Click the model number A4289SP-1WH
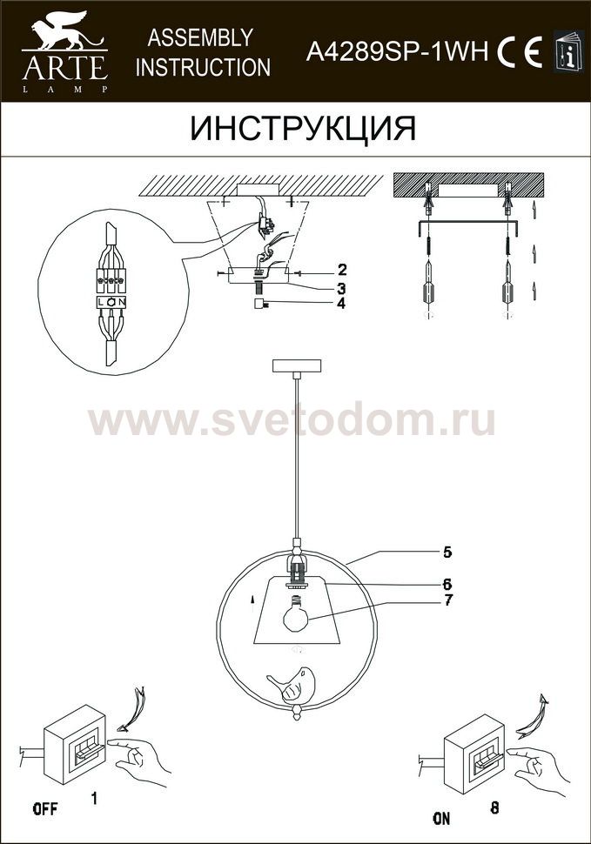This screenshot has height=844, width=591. [x=397, y=53]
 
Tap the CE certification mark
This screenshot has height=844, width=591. [x=520, y=53]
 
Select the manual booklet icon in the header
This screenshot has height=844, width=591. [x=568, y=50]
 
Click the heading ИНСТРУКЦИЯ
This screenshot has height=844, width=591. [x=303, y=129]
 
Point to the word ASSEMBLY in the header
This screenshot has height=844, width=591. [x=200, y=37]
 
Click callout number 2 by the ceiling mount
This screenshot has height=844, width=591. [x=342, y=270]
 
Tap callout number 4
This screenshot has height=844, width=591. [x=340, y=303]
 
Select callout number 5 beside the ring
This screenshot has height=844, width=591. [x=447, y=553]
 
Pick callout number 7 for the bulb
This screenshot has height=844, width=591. [x=448, y=600]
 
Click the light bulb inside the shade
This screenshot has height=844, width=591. [x=296, y=614]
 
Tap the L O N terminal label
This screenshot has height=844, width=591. [x=111, y=303]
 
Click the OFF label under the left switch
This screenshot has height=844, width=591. [x=45, y=808]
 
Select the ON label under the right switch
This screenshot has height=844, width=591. [x=441, y=818]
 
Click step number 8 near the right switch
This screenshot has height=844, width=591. [x=494, y=807]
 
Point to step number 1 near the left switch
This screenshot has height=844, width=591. [x=94, y=798]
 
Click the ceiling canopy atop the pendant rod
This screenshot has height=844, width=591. [x=297, y=365]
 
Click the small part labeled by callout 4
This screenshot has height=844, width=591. [x=259, y=305]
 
